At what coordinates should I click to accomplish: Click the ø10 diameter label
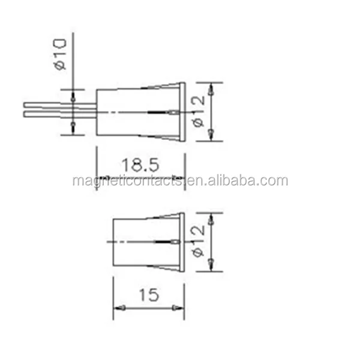59,54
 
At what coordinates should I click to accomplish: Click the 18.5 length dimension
140,165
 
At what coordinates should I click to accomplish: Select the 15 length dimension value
149,295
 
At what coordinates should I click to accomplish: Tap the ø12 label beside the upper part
198,111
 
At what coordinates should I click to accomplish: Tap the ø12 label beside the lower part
198,241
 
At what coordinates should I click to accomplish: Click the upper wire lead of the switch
60,106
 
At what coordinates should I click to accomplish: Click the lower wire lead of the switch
60,114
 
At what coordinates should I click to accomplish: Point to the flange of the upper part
182,112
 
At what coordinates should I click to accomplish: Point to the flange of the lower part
182,241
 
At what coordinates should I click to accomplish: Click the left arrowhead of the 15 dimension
119,308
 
